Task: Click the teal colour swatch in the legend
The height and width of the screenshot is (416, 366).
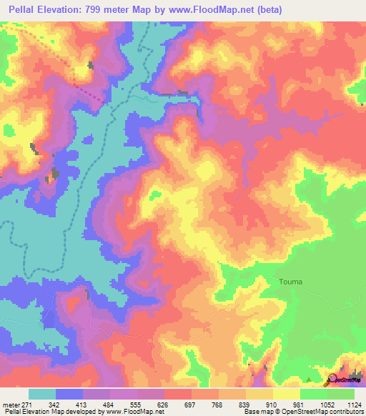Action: [42, 394]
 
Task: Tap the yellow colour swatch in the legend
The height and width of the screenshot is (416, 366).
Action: [287, 394]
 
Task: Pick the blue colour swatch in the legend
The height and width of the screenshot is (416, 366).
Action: [69, 394]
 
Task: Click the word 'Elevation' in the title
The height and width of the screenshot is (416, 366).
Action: [61, 10]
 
